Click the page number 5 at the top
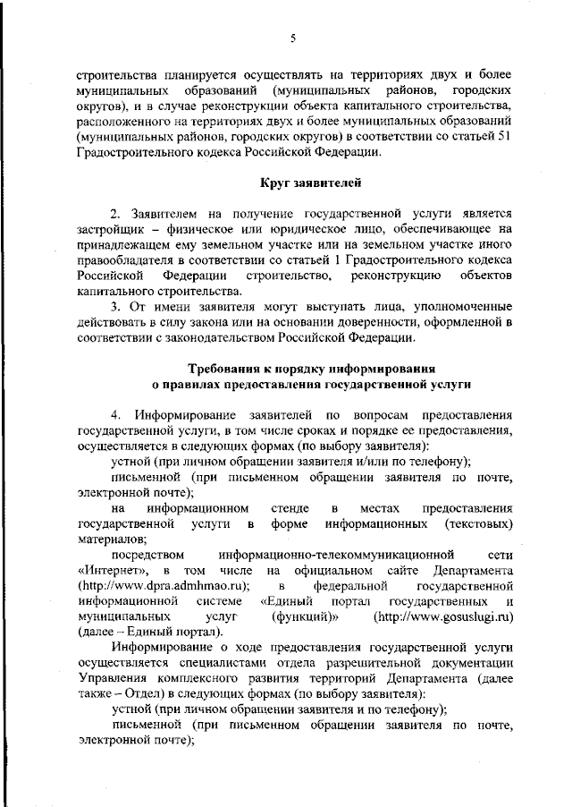coord(292,37)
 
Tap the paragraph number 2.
coord(114,215)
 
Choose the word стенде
coord(277,507)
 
